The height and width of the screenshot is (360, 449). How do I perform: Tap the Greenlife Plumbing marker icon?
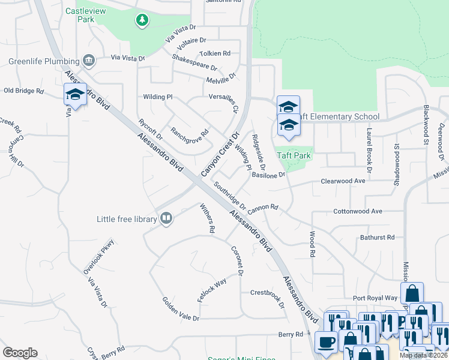click(x=89, y=61)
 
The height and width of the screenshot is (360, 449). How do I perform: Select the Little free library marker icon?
click(x=166, y=219)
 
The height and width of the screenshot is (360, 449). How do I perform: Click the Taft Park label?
click(x=294, y=155)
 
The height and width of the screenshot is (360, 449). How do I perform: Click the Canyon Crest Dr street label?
click(x=220, y=154)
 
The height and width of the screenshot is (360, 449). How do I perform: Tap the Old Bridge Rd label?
click(x=24, y=91)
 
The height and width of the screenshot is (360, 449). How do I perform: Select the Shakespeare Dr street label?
click(x=194, y=62)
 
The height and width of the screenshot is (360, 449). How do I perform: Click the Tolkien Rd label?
click(x=215, y=53)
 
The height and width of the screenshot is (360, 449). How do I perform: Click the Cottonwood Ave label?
click(x=358, y=212)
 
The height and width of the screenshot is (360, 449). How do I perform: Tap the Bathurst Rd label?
click(x=377, y=238)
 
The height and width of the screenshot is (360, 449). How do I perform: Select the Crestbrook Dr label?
click(x=267, y=297)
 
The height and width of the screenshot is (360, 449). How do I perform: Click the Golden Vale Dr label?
click(x=180, y=308)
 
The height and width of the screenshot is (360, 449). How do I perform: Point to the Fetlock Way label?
click(x=212, y=289)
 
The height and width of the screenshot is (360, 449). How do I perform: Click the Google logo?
click(x=20, y=353)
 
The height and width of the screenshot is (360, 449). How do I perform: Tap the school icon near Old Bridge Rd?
click(x=75, y=94)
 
